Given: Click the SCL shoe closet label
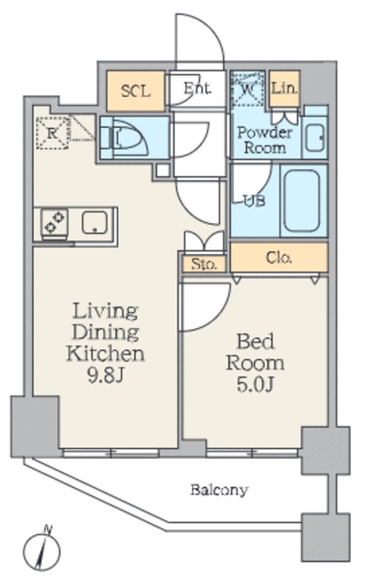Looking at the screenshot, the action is click(x=136, y=91).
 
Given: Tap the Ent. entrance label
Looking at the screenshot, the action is click(x=197, y=89).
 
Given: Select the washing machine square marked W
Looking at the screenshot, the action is click(x=247, y=89).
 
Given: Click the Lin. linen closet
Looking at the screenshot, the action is click(x=285, y=89).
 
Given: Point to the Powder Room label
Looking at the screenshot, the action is click(x=265, y=140).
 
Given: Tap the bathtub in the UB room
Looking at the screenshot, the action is click(x=302, y=201).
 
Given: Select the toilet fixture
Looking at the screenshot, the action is click(x=125, y=138).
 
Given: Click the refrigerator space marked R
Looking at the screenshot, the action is click(x=53, y=133).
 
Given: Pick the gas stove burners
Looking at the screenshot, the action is click(x=55, y=222).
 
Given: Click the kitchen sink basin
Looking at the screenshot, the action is click(x=95, y=222).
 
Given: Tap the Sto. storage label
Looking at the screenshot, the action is click(x=204, y=264).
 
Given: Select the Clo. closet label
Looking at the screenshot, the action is click(x=279, y=257).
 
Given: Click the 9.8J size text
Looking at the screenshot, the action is click(x=105, y=376).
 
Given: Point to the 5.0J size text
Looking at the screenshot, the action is click(x=256, y=385).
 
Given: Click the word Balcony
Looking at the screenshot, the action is click(x=219, y=490).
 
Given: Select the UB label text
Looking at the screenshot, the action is click(x=254, y=201).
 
